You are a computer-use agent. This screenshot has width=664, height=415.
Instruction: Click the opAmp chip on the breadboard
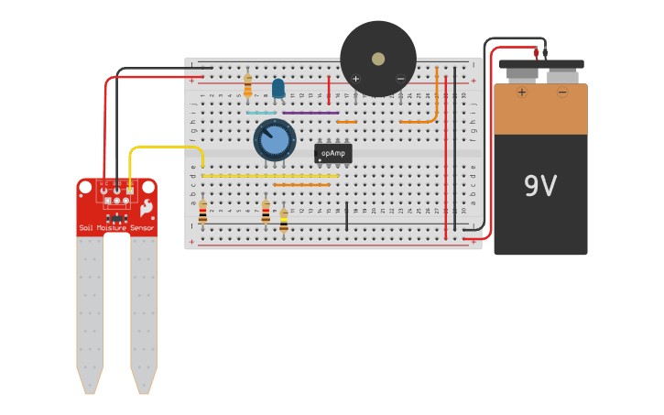click(x=332, y=153)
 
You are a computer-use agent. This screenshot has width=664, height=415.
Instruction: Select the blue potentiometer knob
click(x=274, y=140)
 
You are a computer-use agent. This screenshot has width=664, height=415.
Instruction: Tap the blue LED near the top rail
click(x=278, y=88)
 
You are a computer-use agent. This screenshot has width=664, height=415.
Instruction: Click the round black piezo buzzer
click(x=378, y=58)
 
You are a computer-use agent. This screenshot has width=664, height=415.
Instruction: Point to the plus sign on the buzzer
click(x=355, y=79)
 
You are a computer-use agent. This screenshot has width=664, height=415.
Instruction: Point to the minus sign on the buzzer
click(x=400, y=79)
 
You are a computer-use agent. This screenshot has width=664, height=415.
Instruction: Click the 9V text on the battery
click(x=540, y=186)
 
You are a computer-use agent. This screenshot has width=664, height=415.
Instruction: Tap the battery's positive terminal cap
click(x=521, y=74)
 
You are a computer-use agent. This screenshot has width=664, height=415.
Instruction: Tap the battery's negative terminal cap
click(x=561, y=74)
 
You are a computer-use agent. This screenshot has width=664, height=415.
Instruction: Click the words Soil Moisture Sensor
click(x=116, y=227)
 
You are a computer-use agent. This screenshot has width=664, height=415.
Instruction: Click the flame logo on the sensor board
click(x=145, y=210)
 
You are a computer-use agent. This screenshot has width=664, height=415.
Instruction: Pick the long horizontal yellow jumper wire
click(x=269, y=176)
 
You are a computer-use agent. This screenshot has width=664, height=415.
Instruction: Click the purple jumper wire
click(x=310, y=113)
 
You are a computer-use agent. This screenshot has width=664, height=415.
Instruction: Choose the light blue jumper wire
click(x=261, y=113)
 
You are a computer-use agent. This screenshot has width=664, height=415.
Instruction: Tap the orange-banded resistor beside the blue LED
click(x=247, y=86)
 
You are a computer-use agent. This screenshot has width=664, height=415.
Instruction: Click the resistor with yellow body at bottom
click(x=283, y=218)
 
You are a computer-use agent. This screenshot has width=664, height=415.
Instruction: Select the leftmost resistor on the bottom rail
click(x=202, y=212)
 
